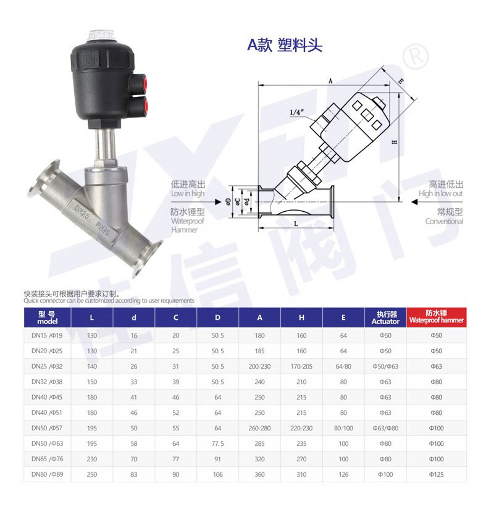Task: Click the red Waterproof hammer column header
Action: click(x=436, y=317)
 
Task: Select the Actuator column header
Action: click(x=385, y=317)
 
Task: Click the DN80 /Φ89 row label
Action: click(x=48, y=474)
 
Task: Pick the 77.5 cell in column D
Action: click(x=217, y=443)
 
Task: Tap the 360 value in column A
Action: click(x=259, y=474)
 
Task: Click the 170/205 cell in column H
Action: click(x=301, y=366)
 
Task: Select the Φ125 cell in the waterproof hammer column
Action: click(x=436, y=474)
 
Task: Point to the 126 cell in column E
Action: click(x=343, y=474)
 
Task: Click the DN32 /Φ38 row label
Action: click(x=47, y=382)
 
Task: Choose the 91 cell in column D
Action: click(x=217, y=459)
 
